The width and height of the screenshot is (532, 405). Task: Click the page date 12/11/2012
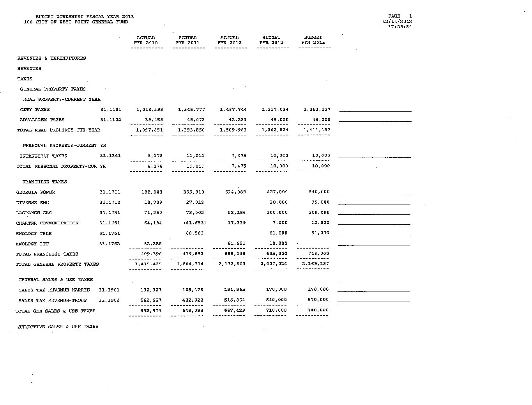coord(397,21)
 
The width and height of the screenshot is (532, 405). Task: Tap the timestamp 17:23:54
coord(400,27)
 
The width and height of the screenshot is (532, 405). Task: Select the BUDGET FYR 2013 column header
coord(313,40)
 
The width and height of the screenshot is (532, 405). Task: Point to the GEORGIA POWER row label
coord(35,192)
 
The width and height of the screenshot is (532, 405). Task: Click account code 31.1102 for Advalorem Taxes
coord(110,120)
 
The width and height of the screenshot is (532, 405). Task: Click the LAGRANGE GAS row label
coord(34,213)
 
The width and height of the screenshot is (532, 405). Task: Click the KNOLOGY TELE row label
coord(34,233)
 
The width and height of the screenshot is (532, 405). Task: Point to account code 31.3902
coord(109,300)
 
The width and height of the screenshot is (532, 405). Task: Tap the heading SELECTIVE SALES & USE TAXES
coord(58,327)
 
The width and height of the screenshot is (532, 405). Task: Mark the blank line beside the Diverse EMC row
coord(374,203)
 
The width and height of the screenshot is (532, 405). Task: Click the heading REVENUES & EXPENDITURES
coord(51,58)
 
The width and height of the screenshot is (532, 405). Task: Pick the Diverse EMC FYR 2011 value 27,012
coord(194,202)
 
